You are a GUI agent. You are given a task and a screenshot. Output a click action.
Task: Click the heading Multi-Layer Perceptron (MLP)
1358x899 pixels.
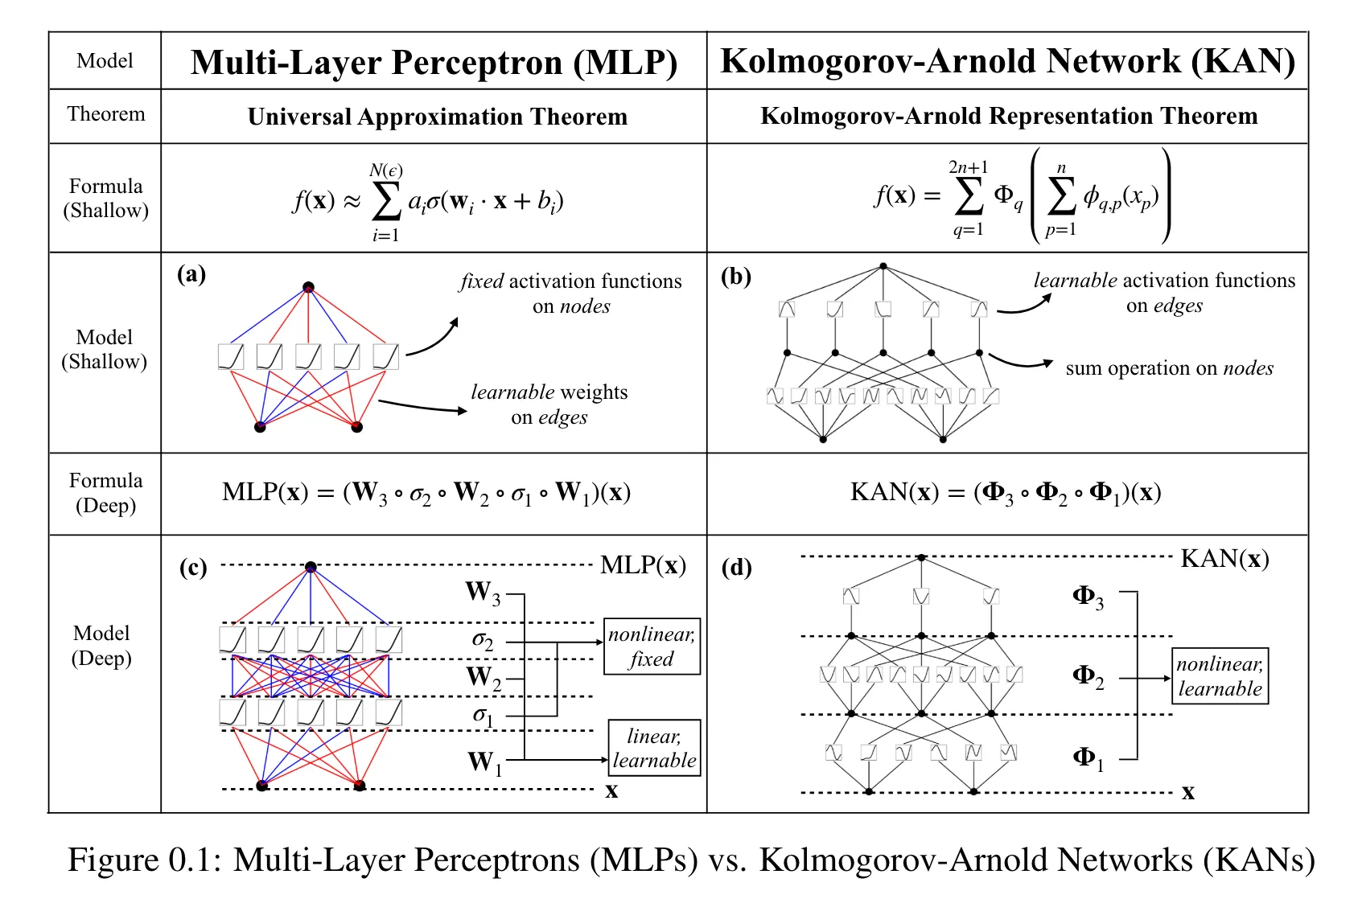tap(434, 63)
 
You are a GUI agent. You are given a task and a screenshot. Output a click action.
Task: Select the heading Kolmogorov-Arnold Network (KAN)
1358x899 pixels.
tap(1007, 61)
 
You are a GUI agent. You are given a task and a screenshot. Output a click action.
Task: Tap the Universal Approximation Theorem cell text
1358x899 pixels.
tap(437, 117)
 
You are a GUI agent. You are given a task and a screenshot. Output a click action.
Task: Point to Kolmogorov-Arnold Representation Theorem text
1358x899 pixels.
tap(1009, 116)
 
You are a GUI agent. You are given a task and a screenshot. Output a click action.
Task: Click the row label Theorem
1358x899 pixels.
tap(106, 114)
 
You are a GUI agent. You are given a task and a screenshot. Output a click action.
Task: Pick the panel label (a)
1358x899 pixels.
tap(191, 274)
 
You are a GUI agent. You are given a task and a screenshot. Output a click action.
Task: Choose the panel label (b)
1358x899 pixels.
tap(736, 277)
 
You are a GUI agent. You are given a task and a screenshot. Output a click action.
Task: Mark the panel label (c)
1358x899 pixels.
tap(193, 568)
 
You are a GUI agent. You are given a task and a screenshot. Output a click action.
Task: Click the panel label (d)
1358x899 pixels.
tap(737, 568)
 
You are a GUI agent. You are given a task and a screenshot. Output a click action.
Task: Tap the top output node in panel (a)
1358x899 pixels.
tap(309, 286)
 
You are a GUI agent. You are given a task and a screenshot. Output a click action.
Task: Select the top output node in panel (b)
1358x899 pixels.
tap(883, 266)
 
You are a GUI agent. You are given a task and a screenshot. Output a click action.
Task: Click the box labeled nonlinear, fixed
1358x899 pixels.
tap(652, 647)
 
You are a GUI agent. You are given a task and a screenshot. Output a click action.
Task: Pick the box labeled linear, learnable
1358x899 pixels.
tap(655, 748)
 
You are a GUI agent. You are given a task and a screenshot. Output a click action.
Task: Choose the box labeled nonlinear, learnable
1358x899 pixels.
tap(1220, 676)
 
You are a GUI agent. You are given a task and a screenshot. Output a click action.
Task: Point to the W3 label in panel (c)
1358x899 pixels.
tap(484, 593)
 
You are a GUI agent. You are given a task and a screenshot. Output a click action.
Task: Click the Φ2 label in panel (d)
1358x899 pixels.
tap(1088, 677)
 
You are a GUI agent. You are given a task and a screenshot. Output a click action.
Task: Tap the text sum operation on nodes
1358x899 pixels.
tap(1170, 368)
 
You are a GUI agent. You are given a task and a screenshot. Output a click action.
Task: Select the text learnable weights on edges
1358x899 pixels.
tap(549, 404)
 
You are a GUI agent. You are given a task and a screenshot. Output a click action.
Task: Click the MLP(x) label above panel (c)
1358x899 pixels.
tap(644, 565)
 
